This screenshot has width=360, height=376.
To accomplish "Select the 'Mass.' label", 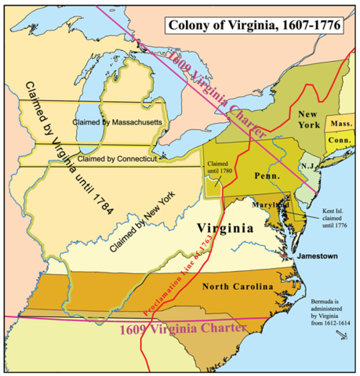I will coord(340,124).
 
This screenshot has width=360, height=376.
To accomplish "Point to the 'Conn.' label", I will coord(340,140).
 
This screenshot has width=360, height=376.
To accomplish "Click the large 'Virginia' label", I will coord(225,230).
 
